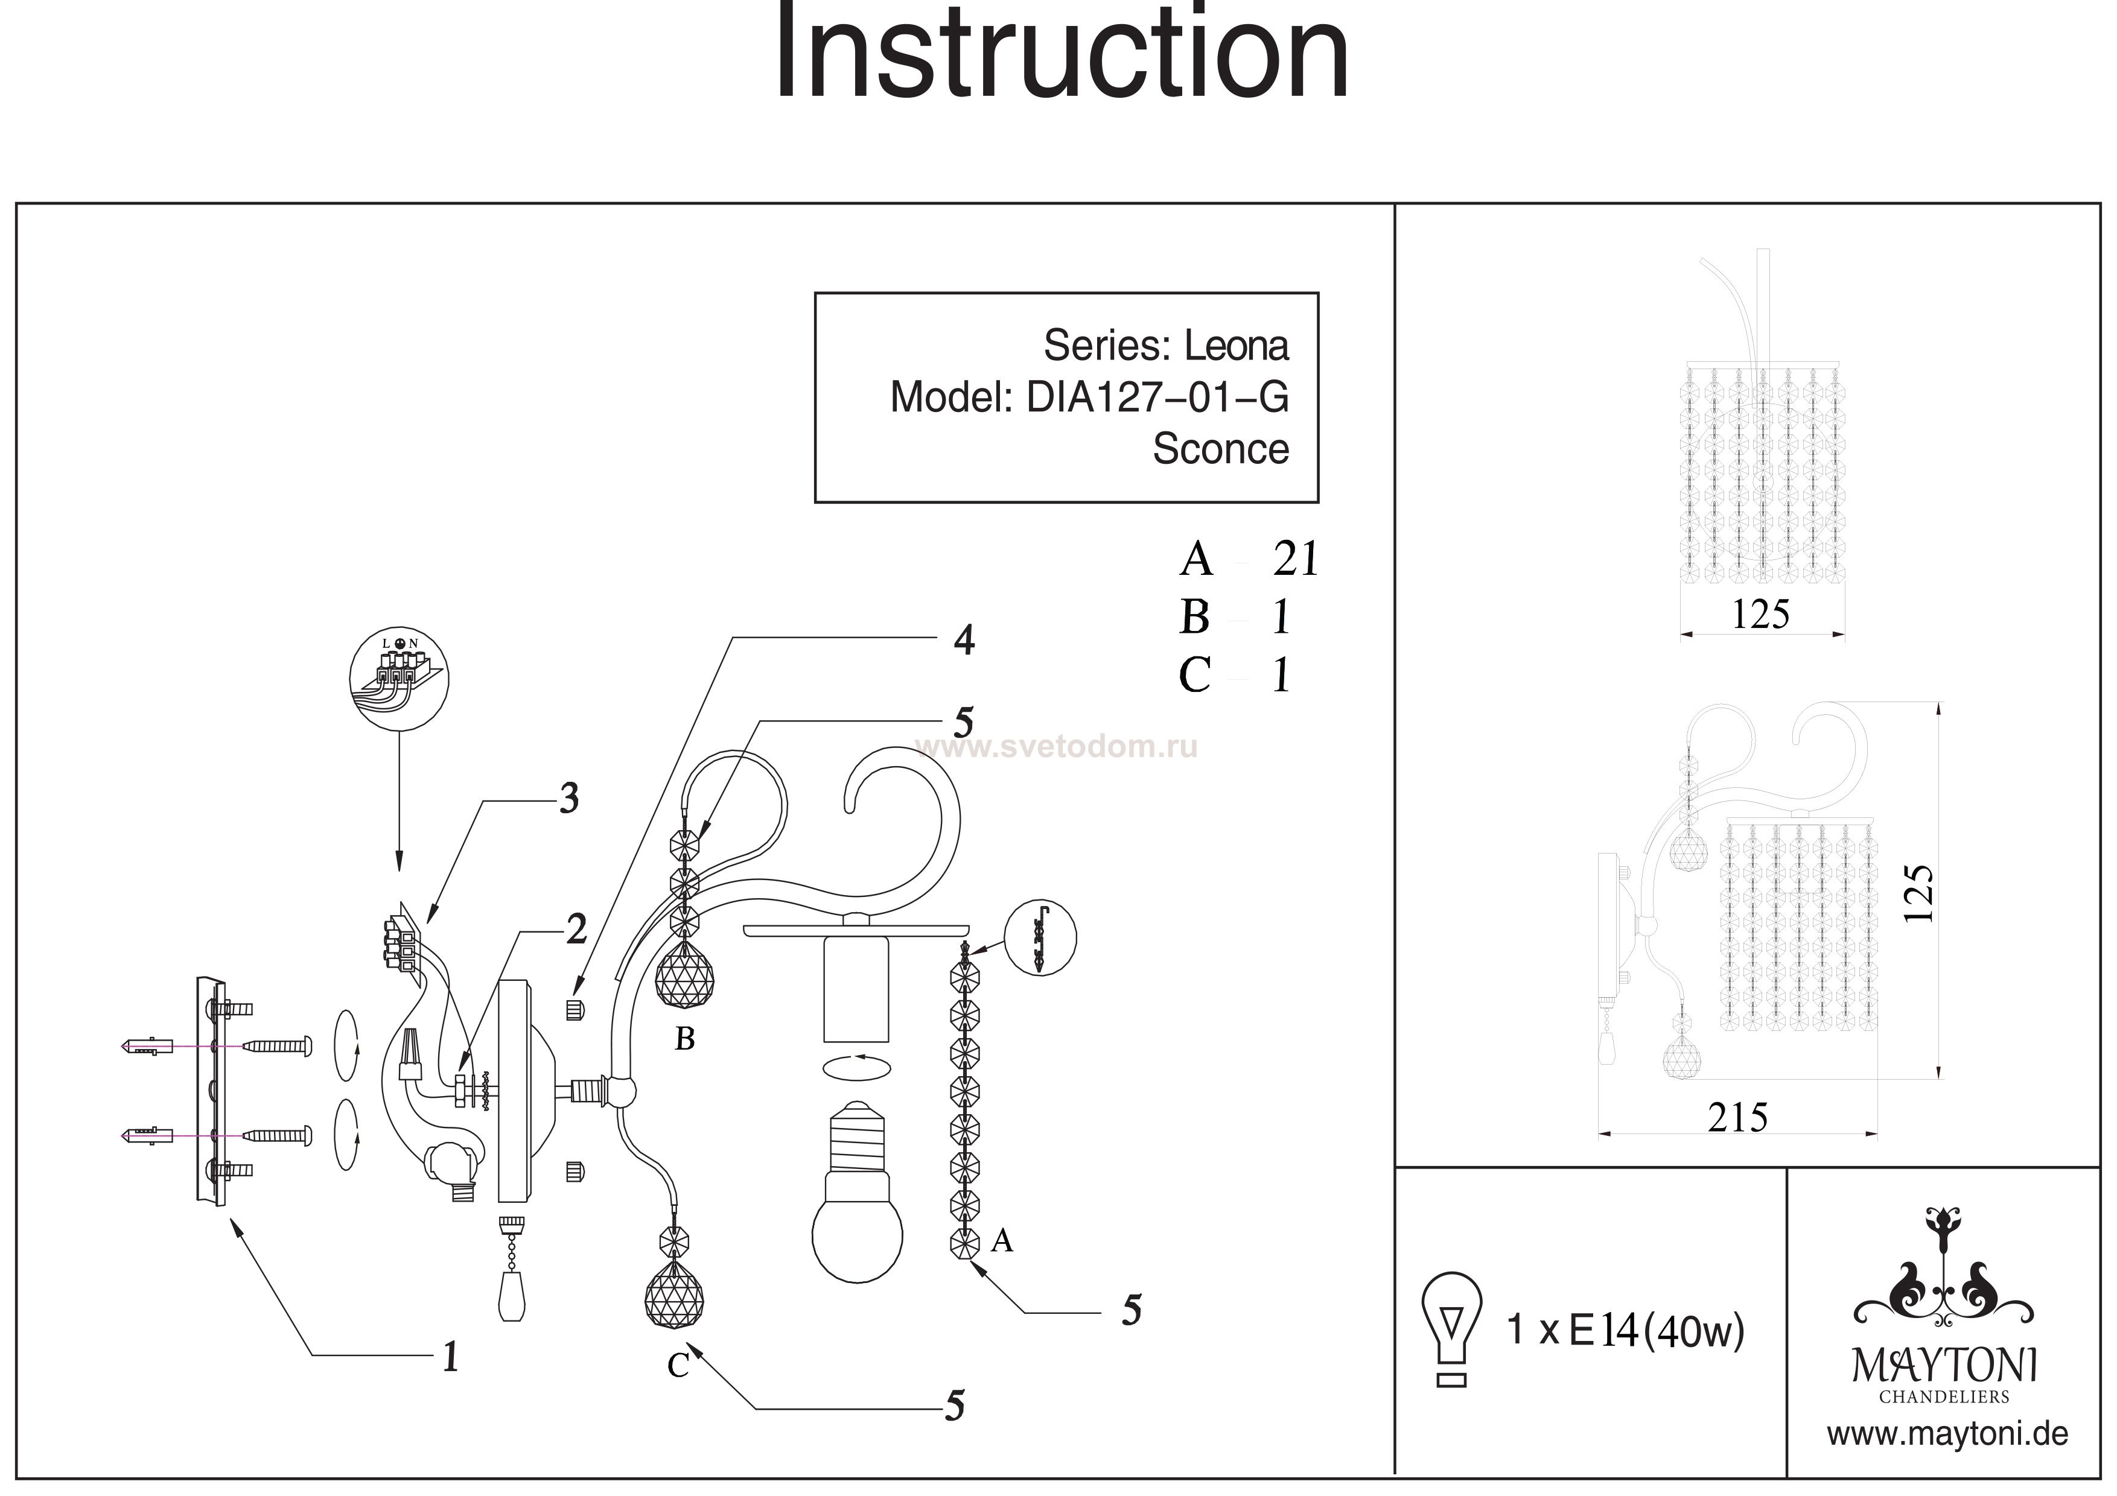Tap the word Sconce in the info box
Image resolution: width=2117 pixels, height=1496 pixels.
(1220, 449)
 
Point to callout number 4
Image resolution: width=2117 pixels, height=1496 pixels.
(964, 639)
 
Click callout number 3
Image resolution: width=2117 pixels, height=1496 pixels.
(569, 798)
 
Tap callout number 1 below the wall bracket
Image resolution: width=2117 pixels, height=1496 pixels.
(450, 1356)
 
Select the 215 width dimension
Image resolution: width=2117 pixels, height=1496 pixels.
(1737, 1118)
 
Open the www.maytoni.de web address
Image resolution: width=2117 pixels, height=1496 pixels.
(1947, 1434)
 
